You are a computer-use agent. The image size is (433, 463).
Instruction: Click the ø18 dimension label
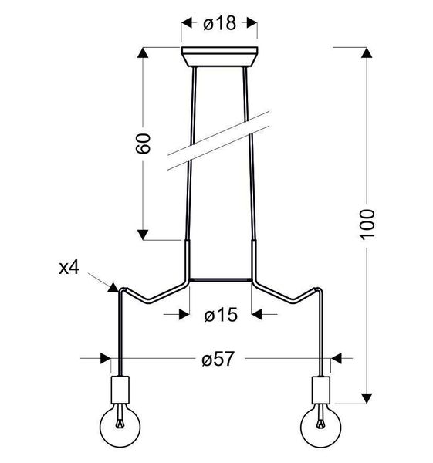pos(220,24)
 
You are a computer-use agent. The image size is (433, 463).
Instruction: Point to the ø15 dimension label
pos(220,315)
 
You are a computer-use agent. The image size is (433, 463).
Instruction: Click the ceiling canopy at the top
pos(220,58)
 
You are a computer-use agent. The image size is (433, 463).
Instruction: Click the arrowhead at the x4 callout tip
pos(113,287)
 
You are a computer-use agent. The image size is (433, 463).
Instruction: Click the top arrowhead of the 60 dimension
pos(142,54)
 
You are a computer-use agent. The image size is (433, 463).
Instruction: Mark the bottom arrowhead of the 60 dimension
pos(142,234)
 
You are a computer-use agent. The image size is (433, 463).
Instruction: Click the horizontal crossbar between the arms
pos(220,279)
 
